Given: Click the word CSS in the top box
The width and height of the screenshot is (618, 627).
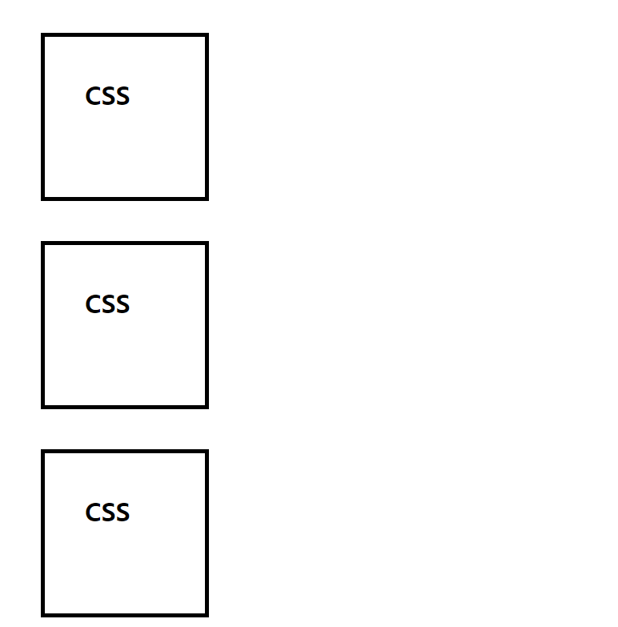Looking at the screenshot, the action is [x=107, y=97].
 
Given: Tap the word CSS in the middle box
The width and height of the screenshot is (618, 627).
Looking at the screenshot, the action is [x=107, y=305].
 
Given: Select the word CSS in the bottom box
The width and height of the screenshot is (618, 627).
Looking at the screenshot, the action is [x=107, y=513].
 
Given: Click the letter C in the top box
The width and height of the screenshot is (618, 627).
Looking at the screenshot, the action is [x=93, y=97].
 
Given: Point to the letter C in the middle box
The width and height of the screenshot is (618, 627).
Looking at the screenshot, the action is [x=93, y=305].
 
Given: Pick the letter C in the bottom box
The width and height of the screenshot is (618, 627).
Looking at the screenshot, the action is [x=93, y=513].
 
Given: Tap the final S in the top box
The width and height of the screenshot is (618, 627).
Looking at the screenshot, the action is [x=122, y=97].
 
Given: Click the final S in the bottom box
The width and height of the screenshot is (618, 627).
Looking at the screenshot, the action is [x=122, y=513].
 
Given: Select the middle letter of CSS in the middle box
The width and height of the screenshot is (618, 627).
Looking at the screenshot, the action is [x=108, y=305].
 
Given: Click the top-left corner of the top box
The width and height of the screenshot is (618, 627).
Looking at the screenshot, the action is [x=43, y=36].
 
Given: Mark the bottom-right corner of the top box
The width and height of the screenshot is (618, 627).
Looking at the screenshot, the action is [x=207, y=198].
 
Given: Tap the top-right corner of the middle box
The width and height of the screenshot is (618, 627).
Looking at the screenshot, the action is [x=207, y=243].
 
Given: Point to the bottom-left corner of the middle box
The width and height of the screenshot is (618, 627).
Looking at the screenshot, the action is [x=43, y=406].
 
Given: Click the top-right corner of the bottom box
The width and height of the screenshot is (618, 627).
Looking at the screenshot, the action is [x=207, y=452].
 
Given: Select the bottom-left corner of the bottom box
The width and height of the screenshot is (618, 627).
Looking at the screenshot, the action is [x=43, y=614].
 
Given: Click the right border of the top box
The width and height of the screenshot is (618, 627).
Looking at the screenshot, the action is [x=207, y=117].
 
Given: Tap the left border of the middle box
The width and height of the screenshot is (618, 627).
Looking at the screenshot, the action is [x=43, y=325].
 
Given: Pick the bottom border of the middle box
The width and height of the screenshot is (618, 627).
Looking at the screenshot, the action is [x=125, y=406].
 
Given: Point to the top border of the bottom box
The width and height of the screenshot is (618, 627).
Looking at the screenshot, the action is [x=125, y=452].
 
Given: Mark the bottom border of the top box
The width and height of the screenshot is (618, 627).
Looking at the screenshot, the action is [x=125, y=198].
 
